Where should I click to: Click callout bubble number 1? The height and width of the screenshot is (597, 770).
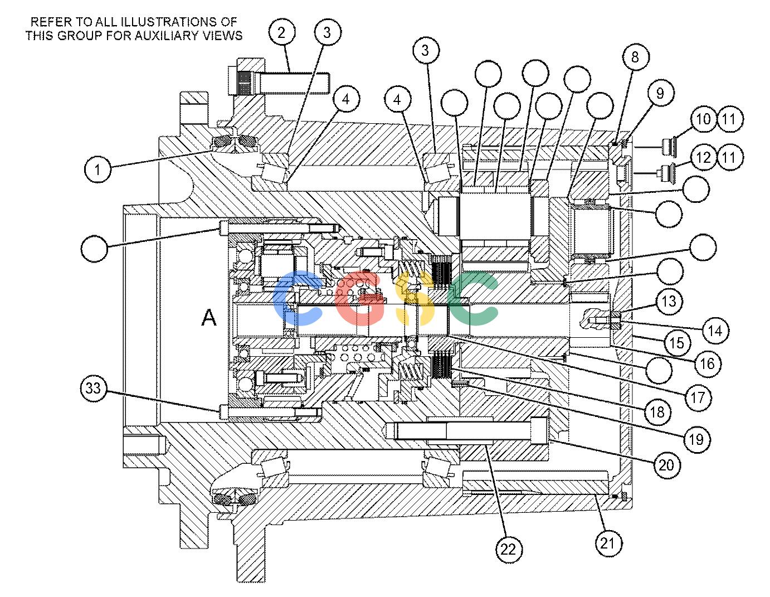(x=98, y=169)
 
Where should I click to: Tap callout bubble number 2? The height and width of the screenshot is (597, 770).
(x=282, y=32)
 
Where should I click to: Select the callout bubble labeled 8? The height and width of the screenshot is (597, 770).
(x=635, y=57)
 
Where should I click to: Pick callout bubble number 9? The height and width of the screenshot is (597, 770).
(x=660, y=93)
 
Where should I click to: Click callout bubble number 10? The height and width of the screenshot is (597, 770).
(x=704, y=119)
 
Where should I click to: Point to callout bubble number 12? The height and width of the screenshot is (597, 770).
(x=704, y=157)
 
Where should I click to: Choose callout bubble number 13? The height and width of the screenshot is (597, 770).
(x=669, y=302)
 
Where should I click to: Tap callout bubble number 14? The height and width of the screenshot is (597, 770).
(x=715, y=331)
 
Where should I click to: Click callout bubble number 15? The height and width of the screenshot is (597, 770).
(x=677, y=343)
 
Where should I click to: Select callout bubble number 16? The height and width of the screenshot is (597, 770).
(x=708, y=363)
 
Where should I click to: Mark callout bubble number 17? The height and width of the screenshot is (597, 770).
(x=698, y=397)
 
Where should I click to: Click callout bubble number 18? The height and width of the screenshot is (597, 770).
(x=657, y=411)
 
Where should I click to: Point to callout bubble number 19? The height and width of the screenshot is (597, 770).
(x=696, y=439)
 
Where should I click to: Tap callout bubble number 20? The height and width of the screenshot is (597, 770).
(x=666, y=465)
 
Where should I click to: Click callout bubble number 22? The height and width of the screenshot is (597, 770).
(x=509, y=549)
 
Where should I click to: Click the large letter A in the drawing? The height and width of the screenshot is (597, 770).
(x=209, y=317)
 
